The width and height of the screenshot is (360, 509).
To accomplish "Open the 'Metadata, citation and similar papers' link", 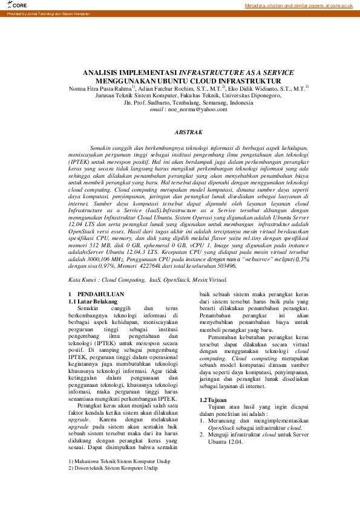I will (298, 5).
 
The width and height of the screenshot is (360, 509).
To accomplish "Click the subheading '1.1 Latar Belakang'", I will (93, 300).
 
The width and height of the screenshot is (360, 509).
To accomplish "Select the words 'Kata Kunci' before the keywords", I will (82, 280).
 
